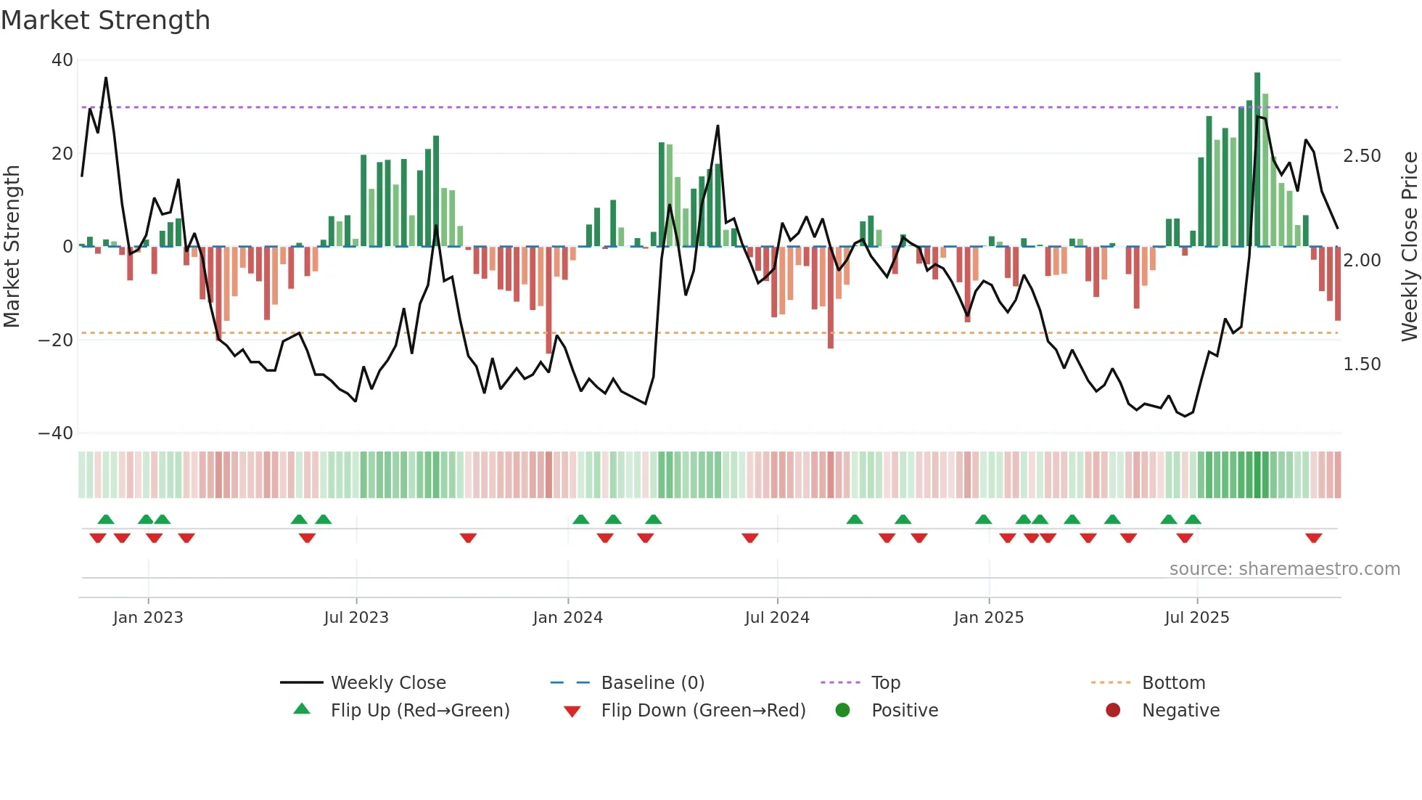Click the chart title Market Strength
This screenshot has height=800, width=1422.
(105, 20)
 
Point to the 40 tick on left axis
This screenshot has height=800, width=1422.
(62, 60)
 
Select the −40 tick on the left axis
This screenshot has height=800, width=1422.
(56, 433)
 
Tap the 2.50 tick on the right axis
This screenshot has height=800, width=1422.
(1362, 156)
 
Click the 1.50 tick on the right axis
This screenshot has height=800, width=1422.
(1362, 364)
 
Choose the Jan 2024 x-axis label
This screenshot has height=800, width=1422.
(567, 618)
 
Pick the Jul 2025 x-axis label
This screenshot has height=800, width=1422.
(1196, 618)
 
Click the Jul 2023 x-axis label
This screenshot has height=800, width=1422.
(356, 618)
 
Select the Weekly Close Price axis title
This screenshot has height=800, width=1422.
(1408, 246)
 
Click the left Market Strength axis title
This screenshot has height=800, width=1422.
(12, 246)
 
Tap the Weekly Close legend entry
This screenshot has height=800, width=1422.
(388, 683)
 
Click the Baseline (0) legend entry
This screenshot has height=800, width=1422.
(652, 683)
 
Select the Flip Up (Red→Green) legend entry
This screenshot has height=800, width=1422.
(419, 711)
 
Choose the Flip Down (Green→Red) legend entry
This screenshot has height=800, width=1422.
(702, 711)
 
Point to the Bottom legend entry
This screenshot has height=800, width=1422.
(1173, 683)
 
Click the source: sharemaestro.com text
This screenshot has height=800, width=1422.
(1284, 569)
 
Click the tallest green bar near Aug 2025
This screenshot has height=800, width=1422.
(1257, 160)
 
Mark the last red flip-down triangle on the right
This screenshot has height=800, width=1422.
(1313, 538)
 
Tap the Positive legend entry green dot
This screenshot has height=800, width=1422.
(842, 711)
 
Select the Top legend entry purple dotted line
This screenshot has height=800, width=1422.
(840, 683)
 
